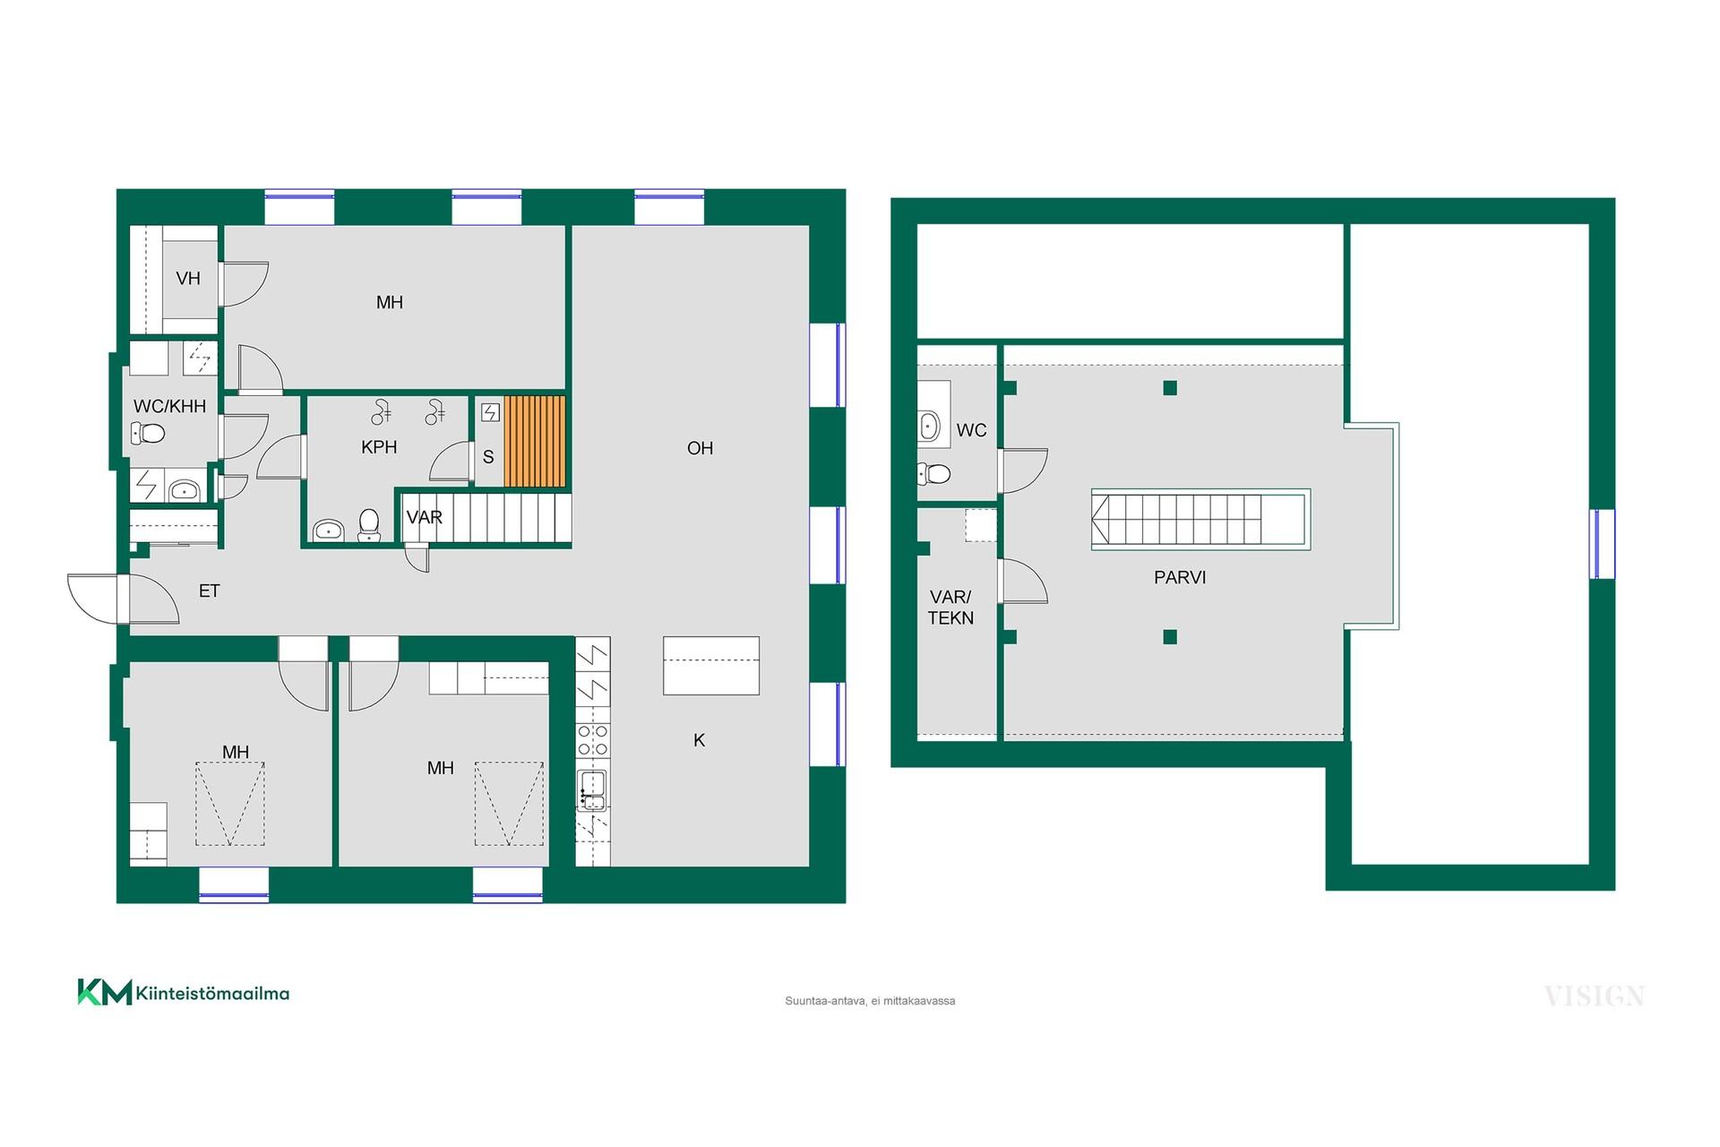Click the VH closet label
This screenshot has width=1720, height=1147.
[188, 279]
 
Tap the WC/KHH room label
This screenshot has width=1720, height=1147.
[169, 407]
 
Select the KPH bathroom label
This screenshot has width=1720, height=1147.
[379, 447]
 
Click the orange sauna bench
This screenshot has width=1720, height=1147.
[535, 441]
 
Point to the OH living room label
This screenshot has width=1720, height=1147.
[700, 448]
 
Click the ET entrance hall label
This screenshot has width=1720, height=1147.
[209, 591]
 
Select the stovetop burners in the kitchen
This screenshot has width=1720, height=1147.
[592, 740]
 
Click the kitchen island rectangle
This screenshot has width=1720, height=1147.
[711, 666]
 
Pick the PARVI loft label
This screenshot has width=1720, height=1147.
[1180, 578]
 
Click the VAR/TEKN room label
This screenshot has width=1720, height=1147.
[950, 608]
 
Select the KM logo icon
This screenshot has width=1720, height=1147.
[105, 992]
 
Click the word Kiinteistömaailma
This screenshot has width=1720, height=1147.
[212, 993]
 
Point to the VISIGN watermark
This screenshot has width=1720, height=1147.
[1595, 996]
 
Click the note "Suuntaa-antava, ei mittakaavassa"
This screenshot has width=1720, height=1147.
[870, 1001]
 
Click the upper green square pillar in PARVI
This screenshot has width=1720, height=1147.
[1170, 388]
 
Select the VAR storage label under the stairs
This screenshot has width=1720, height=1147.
[424, 518]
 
